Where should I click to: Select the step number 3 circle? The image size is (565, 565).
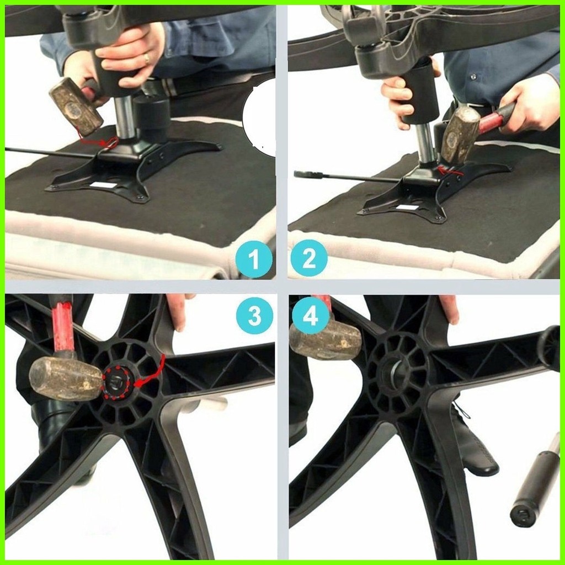[254, 316]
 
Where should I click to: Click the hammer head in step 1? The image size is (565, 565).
[75, 105]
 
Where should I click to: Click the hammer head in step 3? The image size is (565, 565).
[65, 379]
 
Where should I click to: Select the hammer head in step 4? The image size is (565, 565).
[326, 339]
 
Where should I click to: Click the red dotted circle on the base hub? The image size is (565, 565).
[117, 380]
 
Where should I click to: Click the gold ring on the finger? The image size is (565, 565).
[146, 57]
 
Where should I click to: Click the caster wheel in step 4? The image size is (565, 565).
[550, 348]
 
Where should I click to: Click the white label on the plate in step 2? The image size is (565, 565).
[407, 207]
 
